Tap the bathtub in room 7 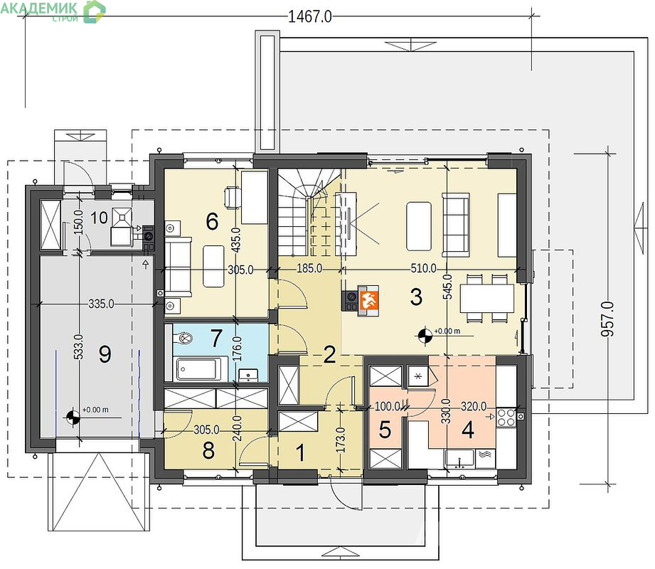point(198,369)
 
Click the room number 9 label point(105,354)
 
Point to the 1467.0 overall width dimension point(310,16)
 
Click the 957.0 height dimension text point(608,319)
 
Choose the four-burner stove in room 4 point(506,417)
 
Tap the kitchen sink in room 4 point(459,458)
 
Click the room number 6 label point(212,221)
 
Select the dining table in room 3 point(487,298)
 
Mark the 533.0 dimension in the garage point(78,346)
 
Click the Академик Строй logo point(53,11)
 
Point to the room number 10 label point(99,218)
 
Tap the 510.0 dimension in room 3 point(424,268)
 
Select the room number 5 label point(385,430)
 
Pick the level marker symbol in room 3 point(425,335)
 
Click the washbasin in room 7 point(248,375)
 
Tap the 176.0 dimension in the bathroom point(237,349)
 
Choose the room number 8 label point(208,450)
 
